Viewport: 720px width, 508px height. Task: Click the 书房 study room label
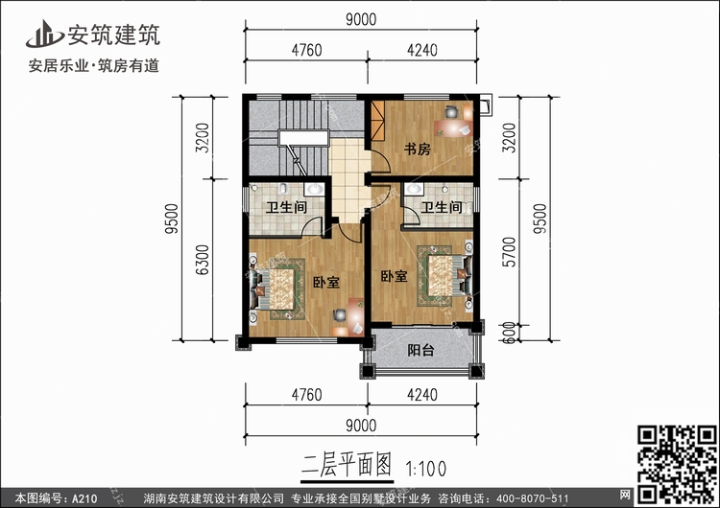point(417,149)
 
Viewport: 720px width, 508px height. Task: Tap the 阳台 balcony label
point(420,350)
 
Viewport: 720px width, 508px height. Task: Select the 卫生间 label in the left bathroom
point(286,207)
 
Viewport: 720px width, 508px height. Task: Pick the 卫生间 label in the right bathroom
point(442,207)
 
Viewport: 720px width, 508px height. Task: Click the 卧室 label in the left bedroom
point(326,282)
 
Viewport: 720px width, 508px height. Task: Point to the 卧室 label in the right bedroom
point(394,276)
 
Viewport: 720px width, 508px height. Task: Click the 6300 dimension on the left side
point(203,260)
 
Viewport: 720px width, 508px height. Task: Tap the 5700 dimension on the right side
point(509,252)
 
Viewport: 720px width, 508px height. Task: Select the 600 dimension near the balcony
point(509,333)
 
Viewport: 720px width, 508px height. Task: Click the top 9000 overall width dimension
point(361,19)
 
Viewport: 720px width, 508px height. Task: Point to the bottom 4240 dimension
point(422,395)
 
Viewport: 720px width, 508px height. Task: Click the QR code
point(677,465)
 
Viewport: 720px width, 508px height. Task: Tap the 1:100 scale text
point(425,469)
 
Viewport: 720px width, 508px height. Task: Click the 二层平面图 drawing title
point(347,465)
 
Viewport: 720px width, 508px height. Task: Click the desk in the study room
point(453,127)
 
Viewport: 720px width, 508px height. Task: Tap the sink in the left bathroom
point(315,189)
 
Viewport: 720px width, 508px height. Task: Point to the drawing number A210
point(84,498)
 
